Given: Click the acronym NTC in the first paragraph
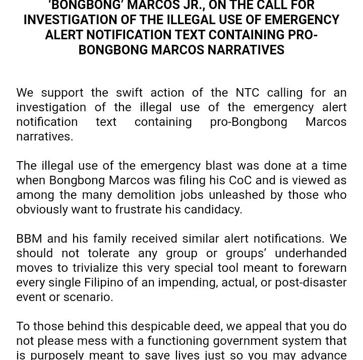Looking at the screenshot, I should [247, 93].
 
